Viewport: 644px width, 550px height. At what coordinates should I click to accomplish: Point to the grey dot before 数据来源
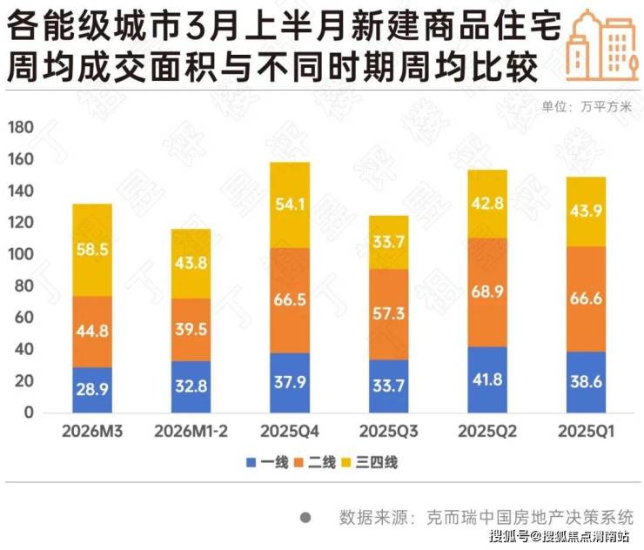pyautogui.click(x=305, y=517)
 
